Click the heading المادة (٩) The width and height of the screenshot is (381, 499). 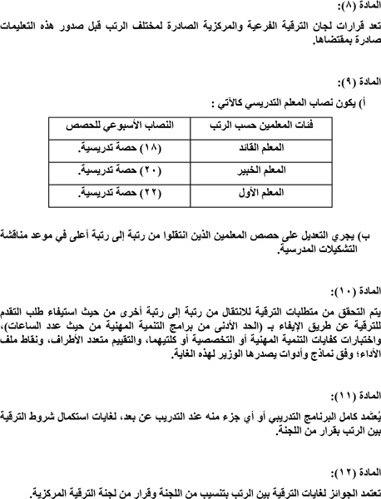354,85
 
